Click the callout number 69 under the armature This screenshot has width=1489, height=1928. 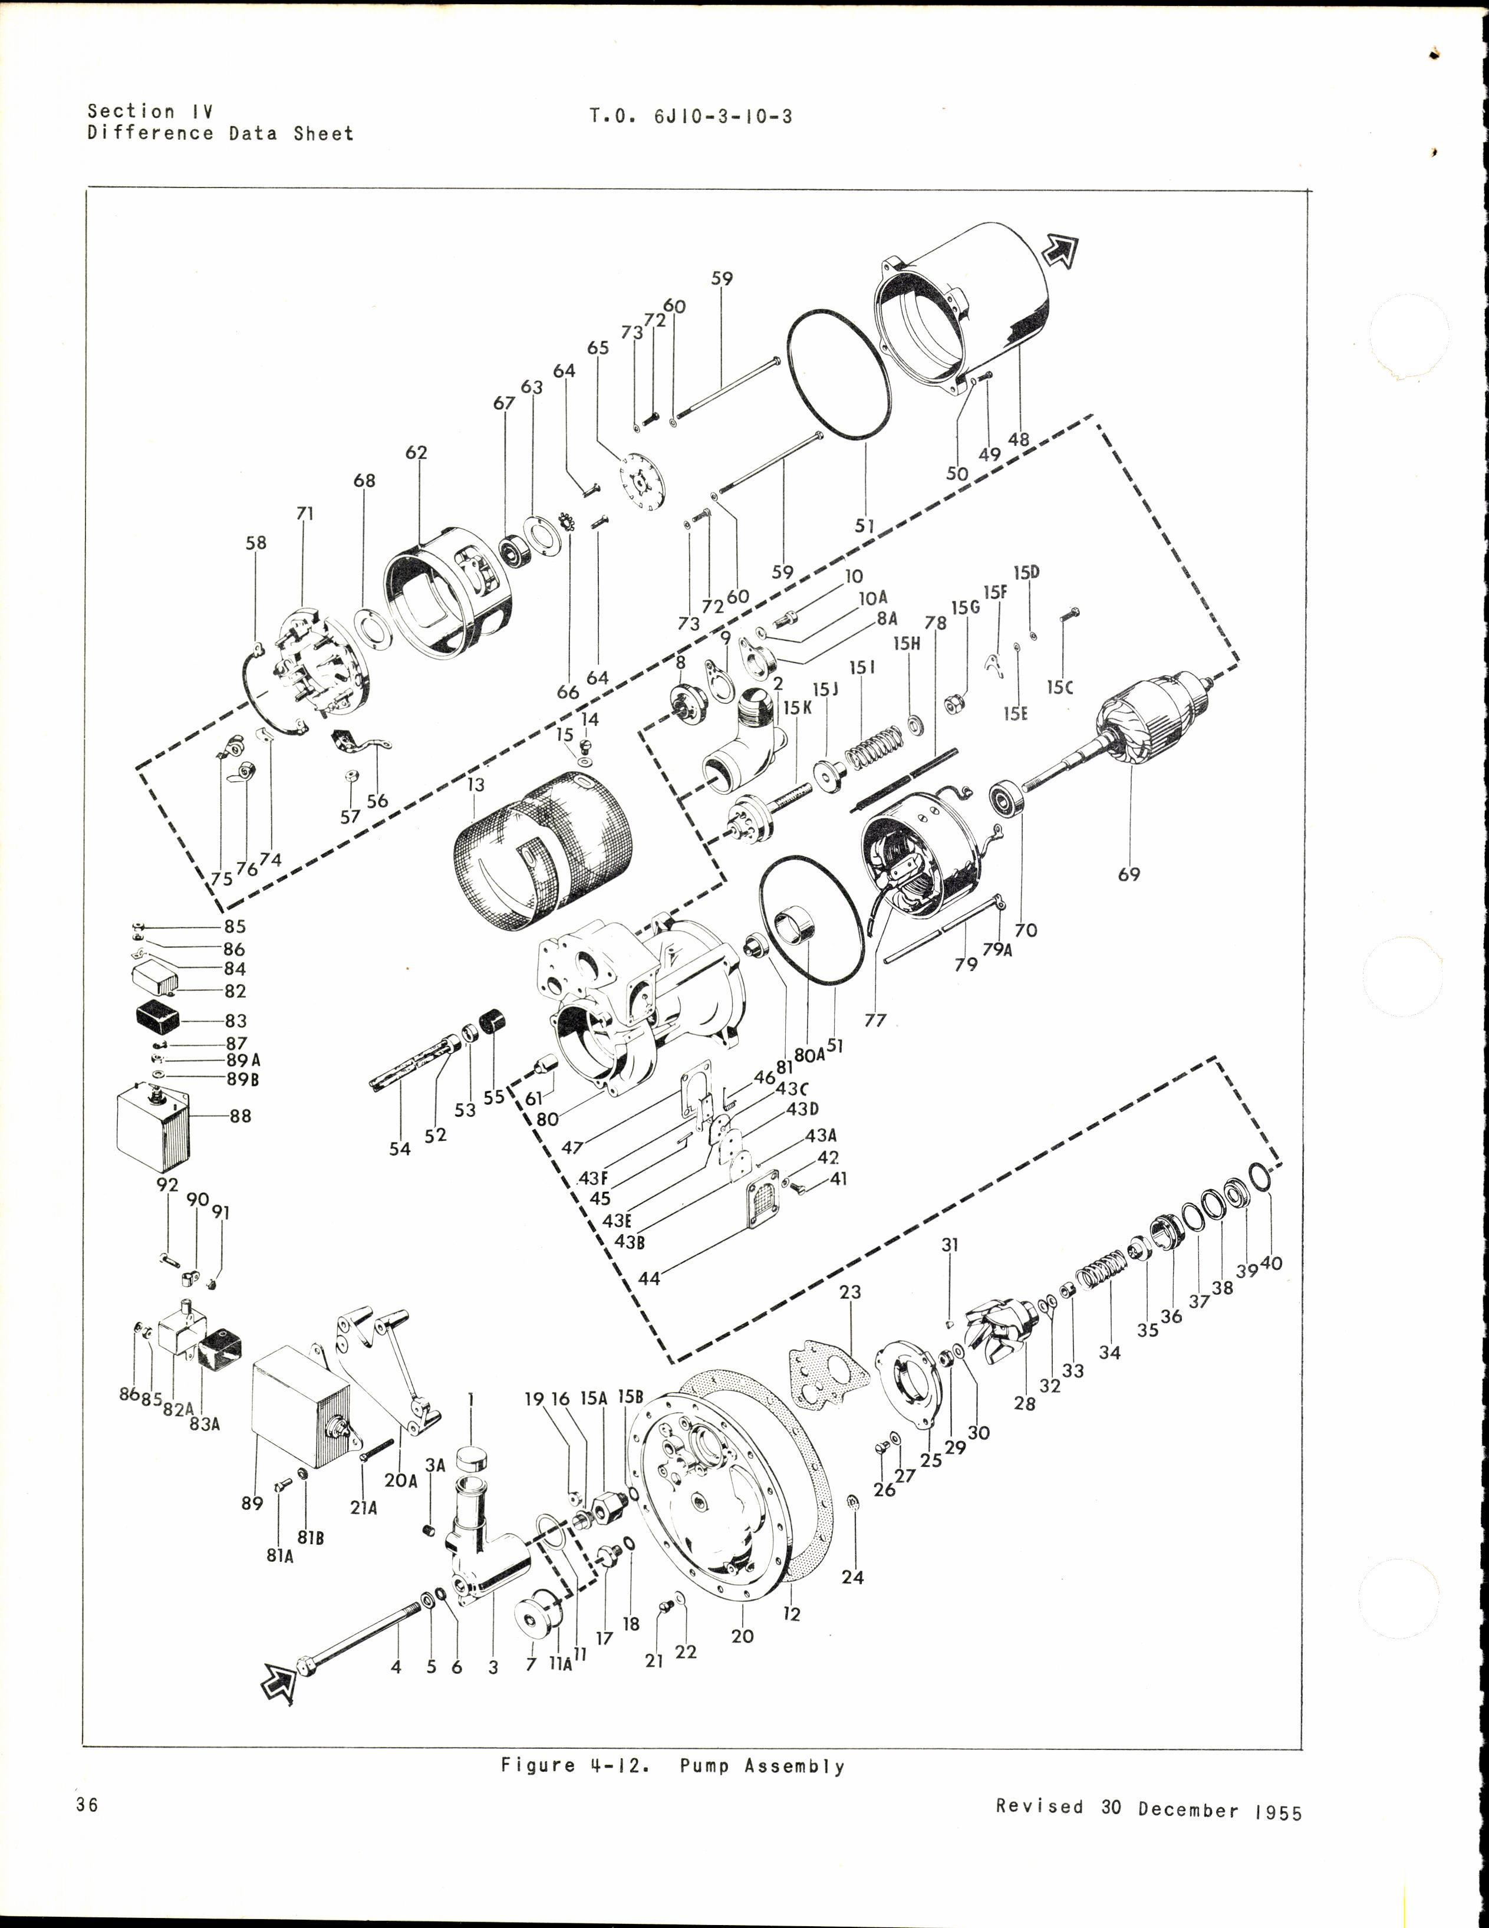(1128, 874)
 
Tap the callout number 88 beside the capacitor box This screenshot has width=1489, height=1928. (240, 1116)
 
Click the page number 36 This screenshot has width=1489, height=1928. (87, 1805)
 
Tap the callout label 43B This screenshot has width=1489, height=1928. (630, 1241)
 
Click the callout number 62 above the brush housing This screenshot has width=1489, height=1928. (416, 452)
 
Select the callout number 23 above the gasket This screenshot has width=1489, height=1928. (850, 1291)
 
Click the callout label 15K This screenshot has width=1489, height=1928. (796, 707)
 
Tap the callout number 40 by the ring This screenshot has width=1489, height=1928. (1271, 1264)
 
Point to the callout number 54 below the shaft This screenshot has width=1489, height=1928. (400, 1149)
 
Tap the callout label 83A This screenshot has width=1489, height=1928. (204, 1423)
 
